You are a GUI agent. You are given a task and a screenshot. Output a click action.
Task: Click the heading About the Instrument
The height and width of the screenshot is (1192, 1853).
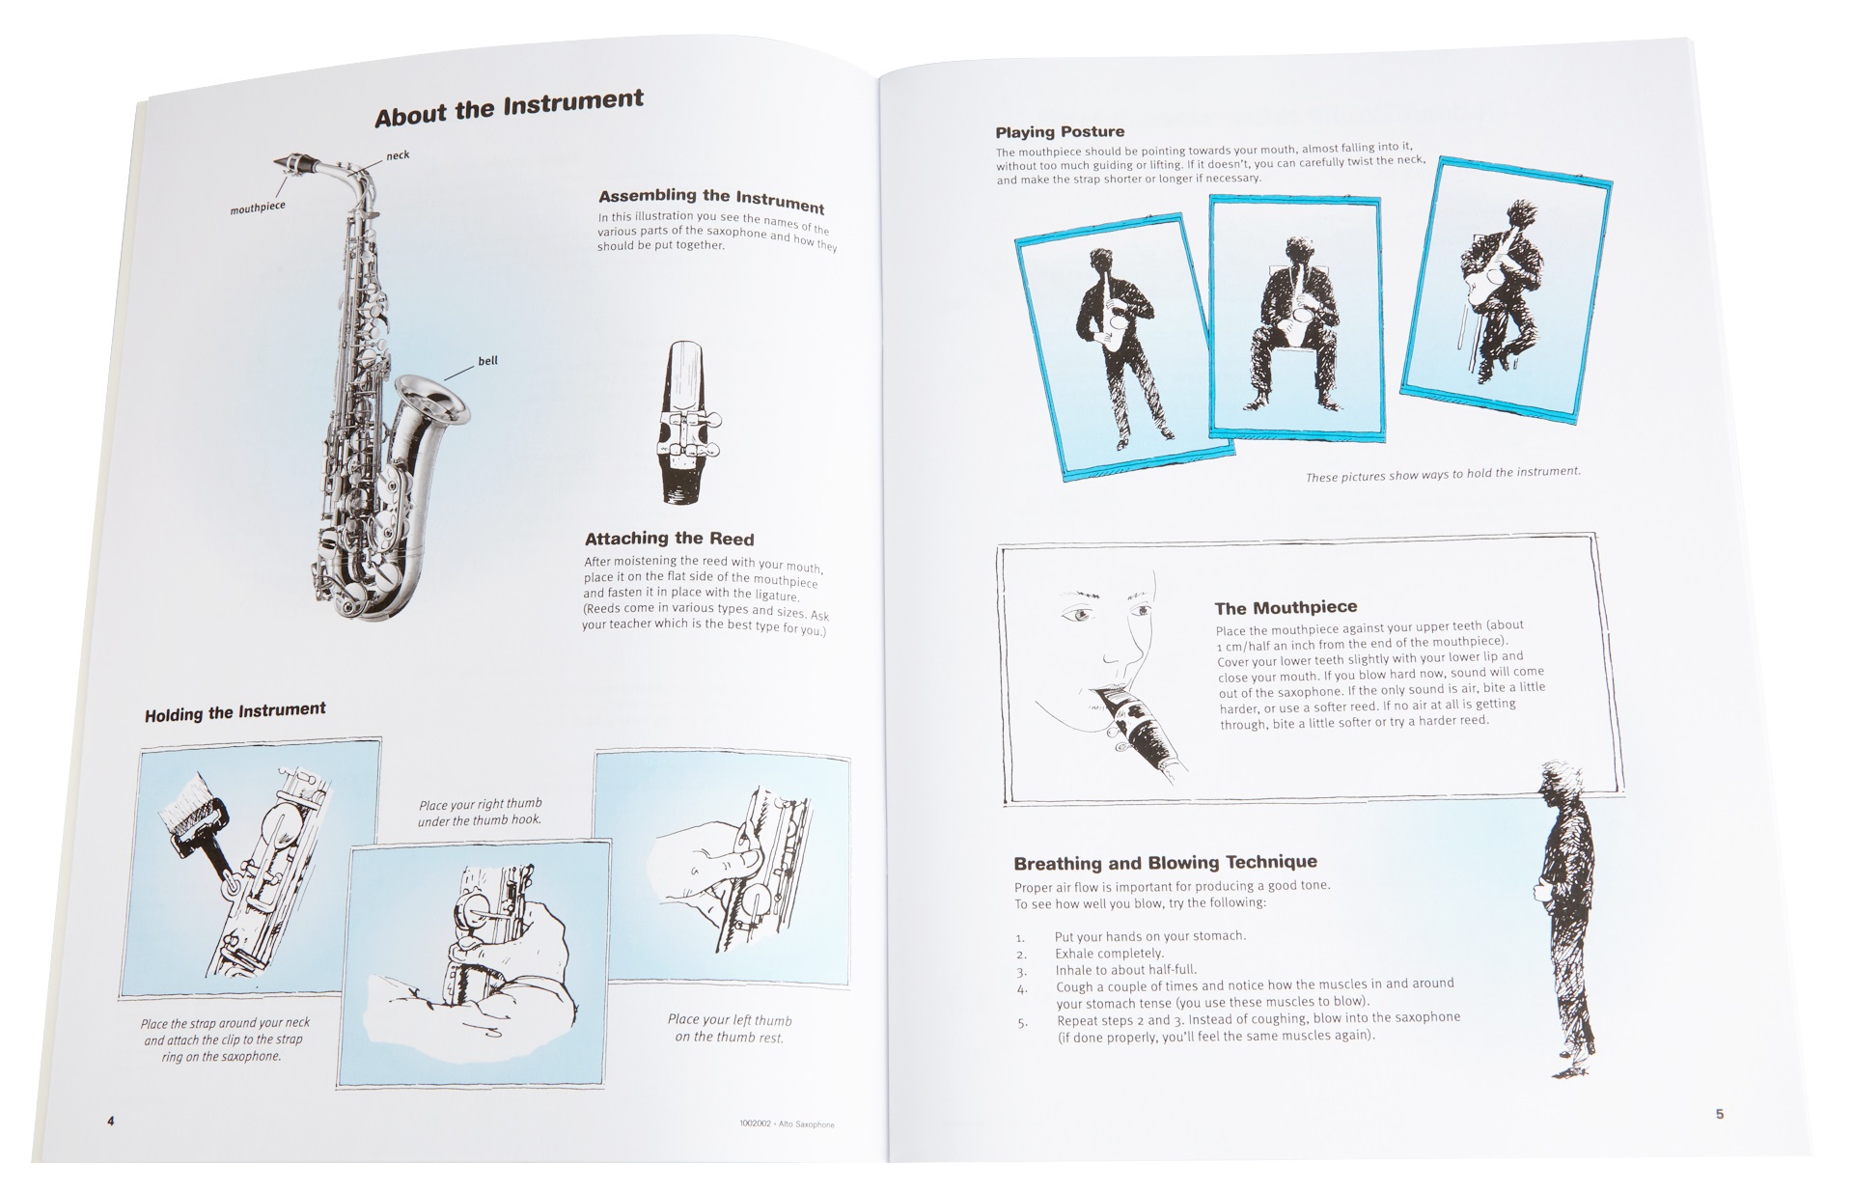click(x=509, y=108)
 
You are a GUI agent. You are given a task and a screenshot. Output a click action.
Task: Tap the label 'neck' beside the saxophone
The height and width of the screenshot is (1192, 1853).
click(x=398, y=155)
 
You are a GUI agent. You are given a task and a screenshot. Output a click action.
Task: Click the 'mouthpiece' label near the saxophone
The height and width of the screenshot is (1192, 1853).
click(x=258, y=207)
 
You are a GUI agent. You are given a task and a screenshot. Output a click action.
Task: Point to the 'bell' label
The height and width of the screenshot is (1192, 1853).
click(x=487, y=361)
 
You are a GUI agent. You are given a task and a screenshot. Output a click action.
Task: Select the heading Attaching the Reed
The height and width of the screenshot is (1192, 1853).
click(x=669, y=539)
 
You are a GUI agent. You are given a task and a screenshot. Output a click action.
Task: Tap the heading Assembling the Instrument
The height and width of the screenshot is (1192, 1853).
click(x=711, y=201)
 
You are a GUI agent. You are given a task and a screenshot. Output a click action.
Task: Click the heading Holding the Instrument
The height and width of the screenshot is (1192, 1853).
click(x=235, y=712)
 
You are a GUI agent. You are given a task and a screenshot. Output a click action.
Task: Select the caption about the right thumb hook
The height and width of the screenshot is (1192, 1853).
click(x=480, y=812)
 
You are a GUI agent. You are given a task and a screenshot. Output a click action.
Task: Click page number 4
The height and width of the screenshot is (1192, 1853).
click(x=111, y=1121)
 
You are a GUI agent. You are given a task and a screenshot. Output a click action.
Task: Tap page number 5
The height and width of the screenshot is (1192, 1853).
click(x=1719, y=1114)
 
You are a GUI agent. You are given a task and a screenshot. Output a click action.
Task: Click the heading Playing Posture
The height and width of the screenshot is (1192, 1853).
click(x=1060, y=132)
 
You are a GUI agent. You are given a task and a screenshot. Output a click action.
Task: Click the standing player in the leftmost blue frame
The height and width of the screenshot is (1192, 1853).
click(x=1119, y=347)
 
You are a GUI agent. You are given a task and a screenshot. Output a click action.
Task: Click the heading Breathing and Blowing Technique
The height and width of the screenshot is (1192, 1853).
click(x=1165, y=862)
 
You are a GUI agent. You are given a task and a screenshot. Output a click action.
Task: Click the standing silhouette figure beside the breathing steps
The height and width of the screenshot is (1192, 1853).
click(x=1567, y=917)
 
